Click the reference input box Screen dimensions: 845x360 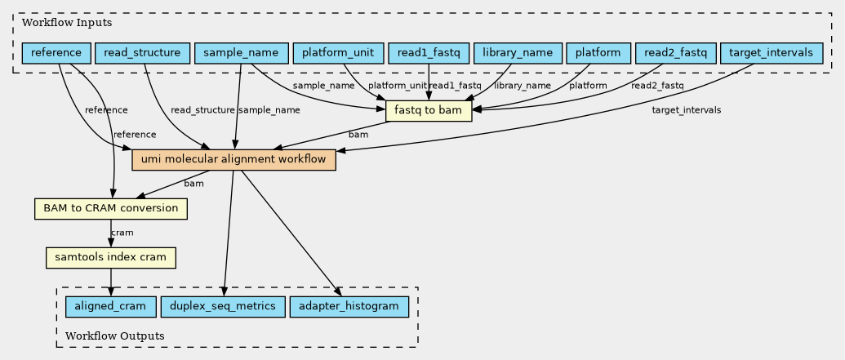pos(56,53)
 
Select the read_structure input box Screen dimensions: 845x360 pos(142,53)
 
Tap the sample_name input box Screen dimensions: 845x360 pos(241,53)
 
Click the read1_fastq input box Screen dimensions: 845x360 pos(429,53)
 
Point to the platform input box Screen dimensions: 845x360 pos(598,53)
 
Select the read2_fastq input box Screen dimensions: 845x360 pos(675,53)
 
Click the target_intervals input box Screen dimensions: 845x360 pos(772,53)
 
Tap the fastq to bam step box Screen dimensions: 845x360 pos(429,112)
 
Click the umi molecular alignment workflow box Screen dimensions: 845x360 pos(233,160)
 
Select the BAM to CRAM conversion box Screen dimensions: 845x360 pos(111,208)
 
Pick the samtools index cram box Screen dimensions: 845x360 pos(111,258)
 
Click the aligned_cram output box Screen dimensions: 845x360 pos(110,307)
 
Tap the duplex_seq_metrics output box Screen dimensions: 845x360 pos(223,307)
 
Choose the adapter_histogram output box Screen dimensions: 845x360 pos(349,307)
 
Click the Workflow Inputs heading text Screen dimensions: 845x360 pos(67,23)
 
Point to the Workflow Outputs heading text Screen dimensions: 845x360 pos(115,336)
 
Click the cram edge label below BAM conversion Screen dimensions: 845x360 pos(122,233)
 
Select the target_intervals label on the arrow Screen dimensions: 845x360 pos(687,110)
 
